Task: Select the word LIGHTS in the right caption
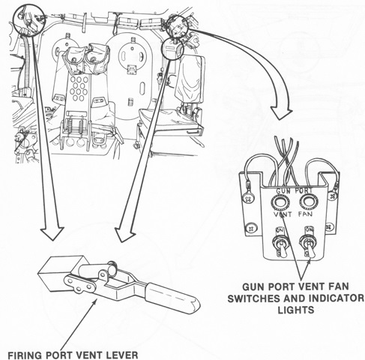(296, 310)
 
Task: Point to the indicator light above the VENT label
(280, 202)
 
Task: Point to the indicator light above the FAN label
(309, 201)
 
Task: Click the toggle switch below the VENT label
(280, 245)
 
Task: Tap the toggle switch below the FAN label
(309, 245)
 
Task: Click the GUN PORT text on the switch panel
(294, 190)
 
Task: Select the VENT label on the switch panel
(283, 214)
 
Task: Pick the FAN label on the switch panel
(305, 214)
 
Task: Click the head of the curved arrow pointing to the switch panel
(282, 113)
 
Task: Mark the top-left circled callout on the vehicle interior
(29, 19)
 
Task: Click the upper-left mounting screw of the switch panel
(247, 199)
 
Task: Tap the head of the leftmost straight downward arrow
(52, 233)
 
